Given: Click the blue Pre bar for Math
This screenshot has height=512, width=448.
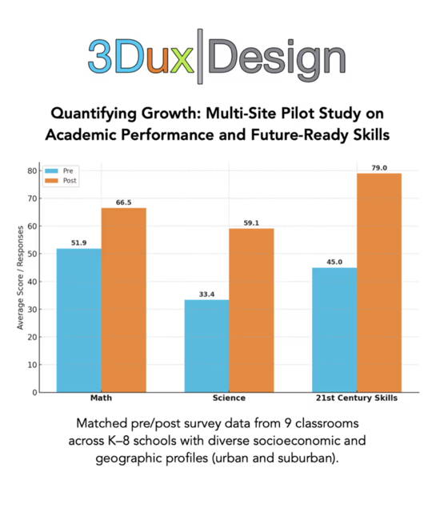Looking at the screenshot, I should point(78,320).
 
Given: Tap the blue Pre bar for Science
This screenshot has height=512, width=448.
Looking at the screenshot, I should point(206,346).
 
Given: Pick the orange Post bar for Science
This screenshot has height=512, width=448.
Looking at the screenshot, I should point(251,310).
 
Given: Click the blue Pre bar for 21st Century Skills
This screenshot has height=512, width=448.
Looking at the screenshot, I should point(334,330).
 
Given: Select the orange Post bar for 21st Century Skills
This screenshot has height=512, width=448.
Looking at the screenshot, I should point(379,282).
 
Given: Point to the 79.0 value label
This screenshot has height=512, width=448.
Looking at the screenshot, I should point(379,168).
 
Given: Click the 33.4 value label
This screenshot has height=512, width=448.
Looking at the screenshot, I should point(206,294).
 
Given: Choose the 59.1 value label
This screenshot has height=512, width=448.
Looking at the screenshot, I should point(251,223).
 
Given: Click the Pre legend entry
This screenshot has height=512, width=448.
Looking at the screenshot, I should point(60,171).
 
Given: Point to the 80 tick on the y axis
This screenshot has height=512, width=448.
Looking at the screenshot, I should point(32,170).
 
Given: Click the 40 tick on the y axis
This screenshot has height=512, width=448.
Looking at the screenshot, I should point(32,282).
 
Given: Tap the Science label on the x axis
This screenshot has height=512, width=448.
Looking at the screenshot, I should point(229,398).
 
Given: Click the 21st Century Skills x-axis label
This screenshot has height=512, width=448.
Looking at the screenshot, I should point(357,398).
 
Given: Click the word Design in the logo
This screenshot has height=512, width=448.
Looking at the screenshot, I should point(280,58).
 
